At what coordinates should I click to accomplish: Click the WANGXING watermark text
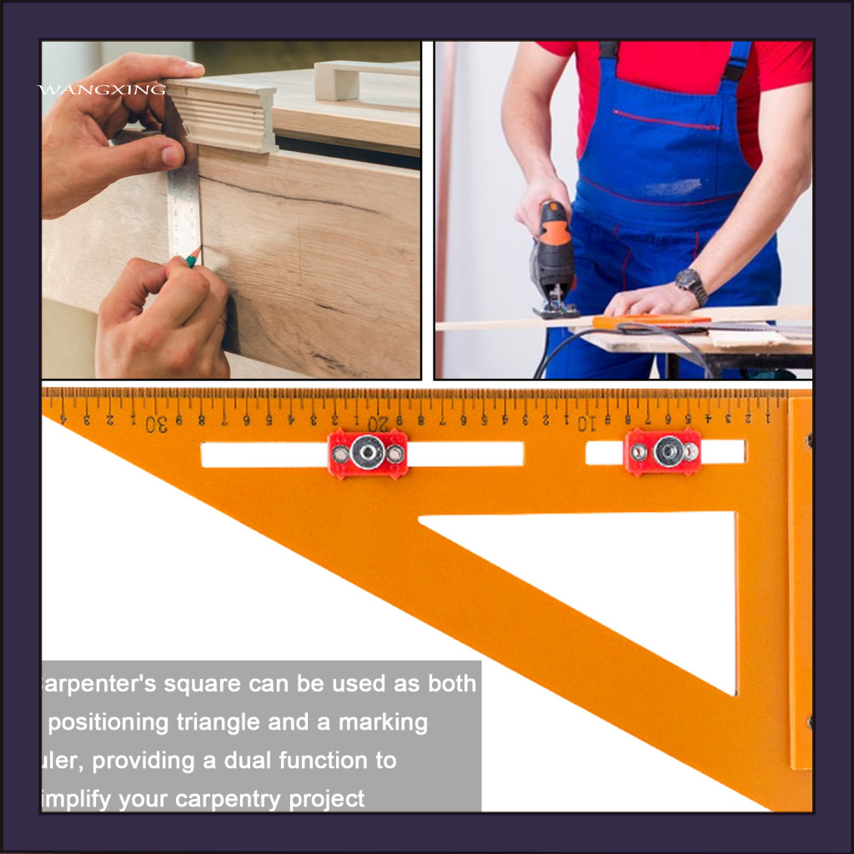click(x=102, y=89)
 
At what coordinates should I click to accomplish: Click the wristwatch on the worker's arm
click(x=691, y=285)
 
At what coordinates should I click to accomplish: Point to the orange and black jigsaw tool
click(x=553, y=259)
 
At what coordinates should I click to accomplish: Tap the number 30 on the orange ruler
click(x=156, y=424)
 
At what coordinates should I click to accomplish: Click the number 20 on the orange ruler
click(x=379, y=424)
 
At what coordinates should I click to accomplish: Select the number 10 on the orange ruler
click(x=587, y=424)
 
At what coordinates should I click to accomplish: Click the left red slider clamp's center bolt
click(x=367, y=453)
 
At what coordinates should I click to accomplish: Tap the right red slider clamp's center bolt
click(x=668, y=451)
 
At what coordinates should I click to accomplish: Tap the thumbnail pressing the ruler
click(x=171, y=155)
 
